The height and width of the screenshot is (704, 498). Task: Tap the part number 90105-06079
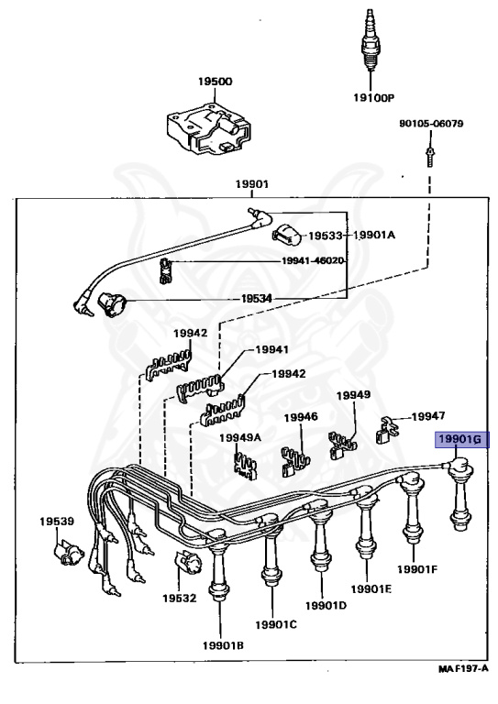point(431,123)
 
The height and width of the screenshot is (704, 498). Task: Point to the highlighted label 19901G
point(459,439)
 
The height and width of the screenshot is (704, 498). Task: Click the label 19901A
point(374,235)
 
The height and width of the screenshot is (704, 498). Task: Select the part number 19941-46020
point(313,261)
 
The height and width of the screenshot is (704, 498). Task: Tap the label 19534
point(257,299)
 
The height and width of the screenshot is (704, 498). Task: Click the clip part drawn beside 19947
point(386,430)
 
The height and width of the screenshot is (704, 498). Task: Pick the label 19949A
point(239,437)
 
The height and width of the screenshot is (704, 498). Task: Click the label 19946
point(301,417)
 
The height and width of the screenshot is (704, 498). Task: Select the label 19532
point(179,598)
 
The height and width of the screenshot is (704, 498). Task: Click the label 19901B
point(223,645)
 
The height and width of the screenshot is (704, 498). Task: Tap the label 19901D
point(326,605)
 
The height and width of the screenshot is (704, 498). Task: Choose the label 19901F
point(417,569)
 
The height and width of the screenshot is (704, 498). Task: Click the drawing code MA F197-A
point(463,669)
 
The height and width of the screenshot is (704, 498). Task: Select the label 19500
point(216,82)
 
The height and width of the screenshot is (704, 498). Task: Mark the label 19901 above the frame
point(252,184)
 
